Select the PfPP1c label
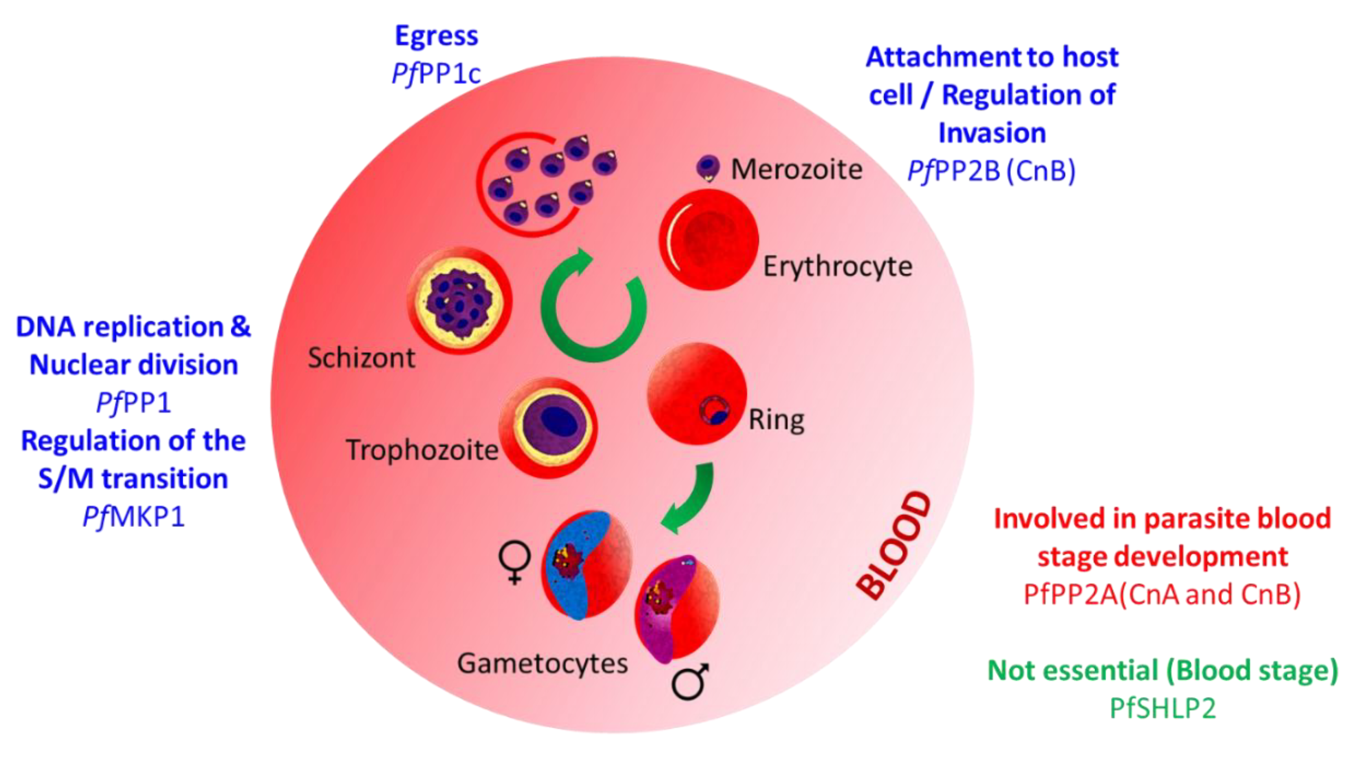click(436, 74)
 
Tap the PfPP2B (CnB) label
click(991, 171)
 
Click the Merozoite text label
click(796, 170)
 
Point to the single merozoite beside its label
click(708, 167)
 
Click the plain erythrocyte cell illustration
click(708, 240)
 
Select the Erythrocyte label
click(837, 266)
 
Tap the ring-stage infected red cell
click(696, 393)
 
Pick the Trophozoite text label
click(422, 450)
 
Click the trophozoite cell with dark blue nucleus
click(549, 427)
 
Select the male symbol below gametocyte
click(690, 682)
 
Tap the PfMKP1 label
click(133, 517)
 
